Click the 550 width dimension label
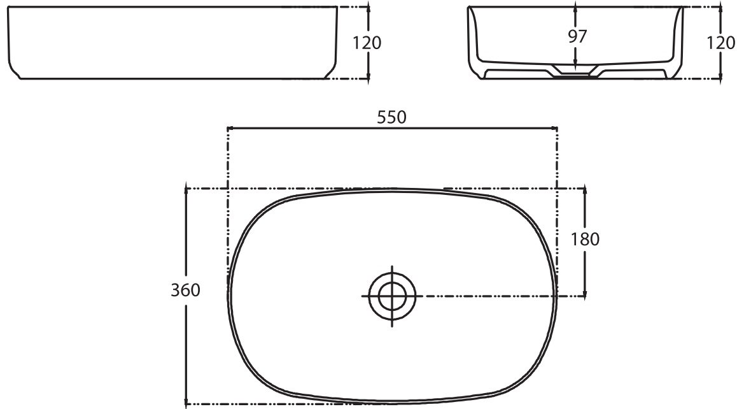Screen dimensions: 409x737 coord(392,117)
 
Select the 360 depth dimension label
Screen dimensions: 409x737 coord(185,291)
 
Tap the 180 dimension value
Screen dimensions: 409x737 coord(586,239)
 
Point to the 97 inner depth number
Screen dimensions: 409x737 coord(577,36)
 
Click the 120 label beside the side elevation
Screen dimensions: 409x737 coord(367,43)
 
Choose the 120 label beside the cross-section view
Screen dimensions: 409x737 coord(720,43)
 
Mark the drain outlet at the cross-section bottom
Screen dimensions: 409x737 coord(575,75)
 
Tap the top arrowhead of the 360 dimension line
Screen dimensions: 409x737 coord(186,191)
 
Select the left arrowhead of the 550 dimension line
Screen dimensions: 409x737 coord(231,128)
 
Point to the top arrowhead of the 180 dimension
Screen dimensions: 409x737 coord(586,192)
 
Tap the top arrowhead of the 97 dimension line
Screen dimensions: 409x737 coord(575,10)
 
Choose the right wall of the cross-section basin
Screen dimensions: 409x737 coord(678,38)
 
